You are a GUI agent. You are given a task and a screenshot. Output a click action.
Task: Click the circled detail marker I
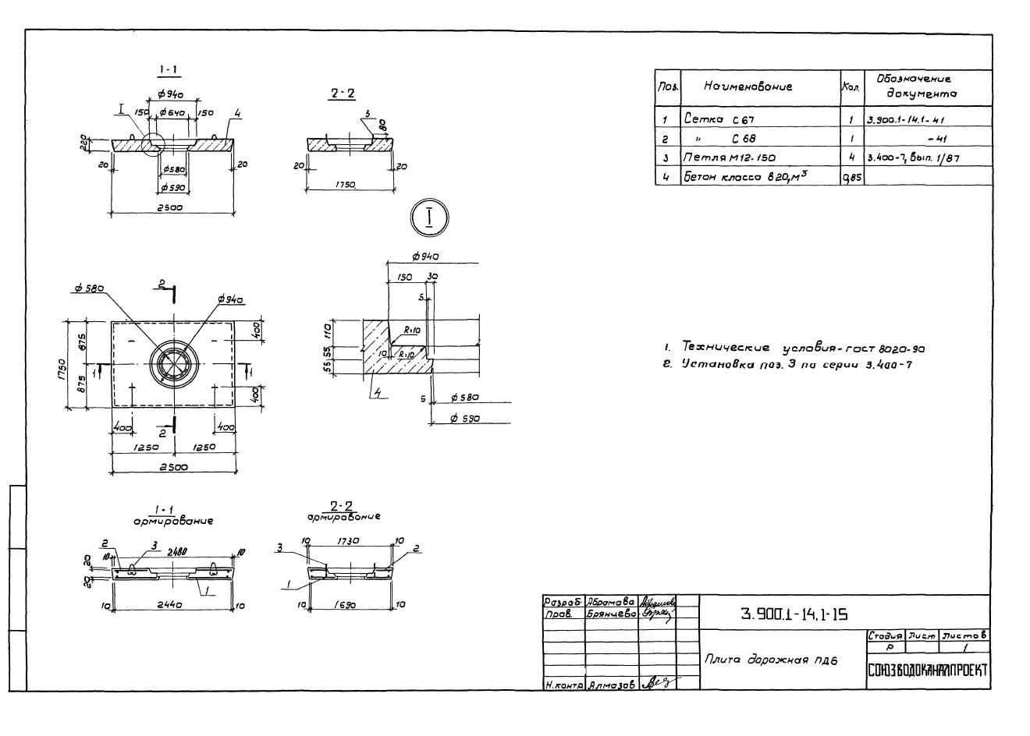[429, 218]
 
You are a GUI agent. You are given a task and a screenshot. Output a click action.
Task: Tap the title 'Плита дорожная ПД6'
[770, 660]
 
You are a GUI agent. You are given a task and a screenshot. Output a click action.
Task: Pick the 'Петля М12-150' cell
[730, 157]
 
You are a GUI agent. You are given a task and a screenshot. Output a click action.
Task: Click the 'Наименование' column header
[748, 87]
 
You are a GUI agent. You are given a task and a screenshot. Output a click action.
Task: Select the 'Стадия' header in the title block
[884, 636]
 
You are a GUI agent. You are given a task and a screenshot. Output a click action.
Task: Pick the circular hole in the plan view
[175, 364]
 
